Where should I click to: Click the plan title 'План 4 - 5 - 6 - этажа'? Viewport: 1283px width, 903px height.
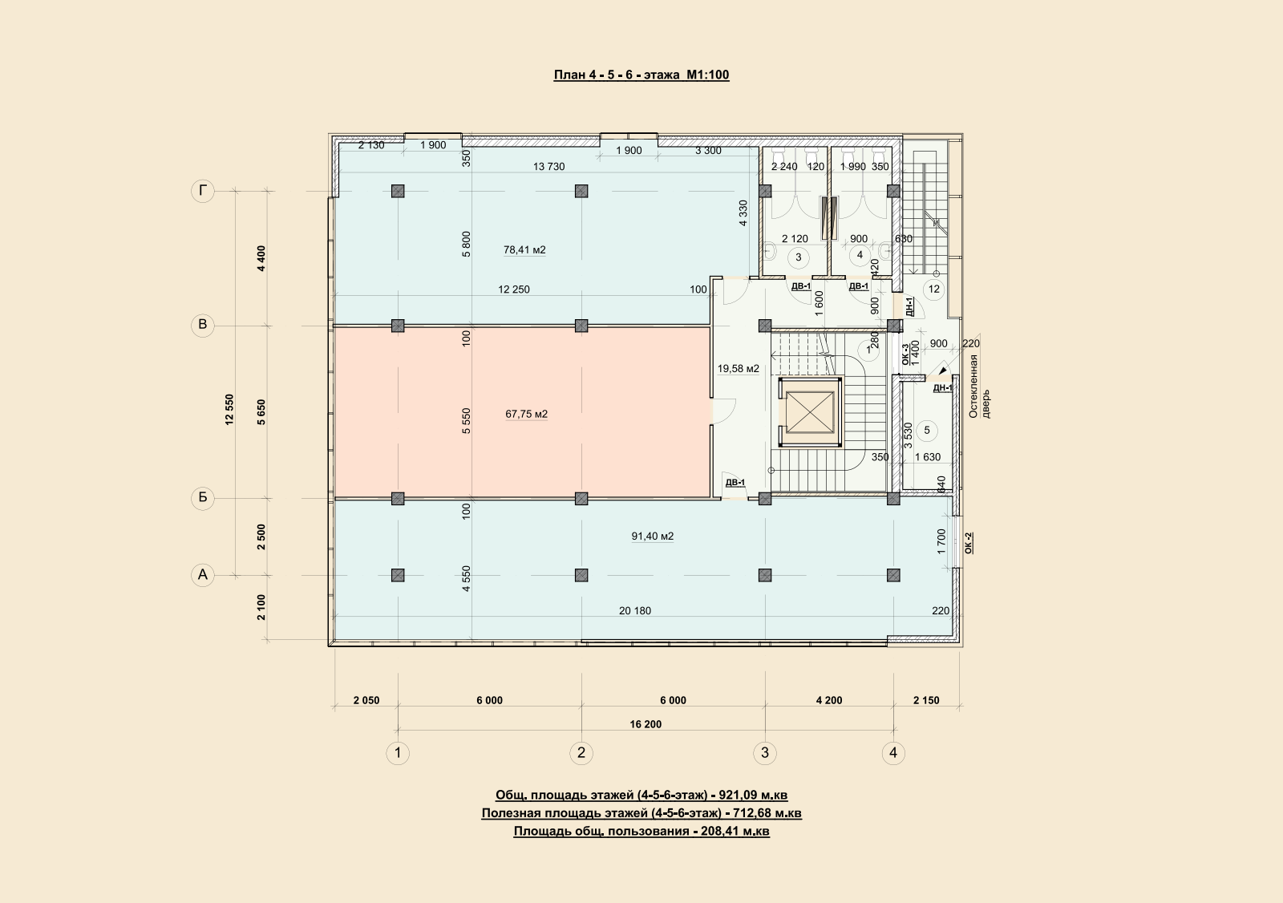pos(617,75)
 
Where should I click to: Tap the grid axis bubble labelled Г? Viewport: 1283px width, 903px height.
pos(203,191)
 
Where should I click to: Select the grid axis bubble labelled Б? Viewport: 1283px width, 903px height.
pos(203,498)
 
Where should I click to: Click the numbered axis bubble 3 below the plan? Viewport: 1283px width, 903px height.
pos(765,753)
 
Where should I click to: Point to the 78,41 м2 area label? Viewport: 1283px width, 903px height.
pos(524,250)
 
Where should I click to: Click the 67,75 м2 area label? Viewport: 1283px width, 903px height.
pos(526,414)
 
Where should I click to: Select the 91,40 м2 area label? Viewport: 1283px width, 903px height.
pos(653,537)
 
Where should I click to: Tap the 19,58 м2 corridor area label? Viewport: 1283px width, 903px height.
pos(739,368)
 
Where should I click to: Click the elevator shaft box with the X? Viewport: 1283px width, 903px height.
pos(809,412)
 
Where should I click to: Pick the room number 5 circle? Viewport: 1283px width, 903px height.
pos(927,431)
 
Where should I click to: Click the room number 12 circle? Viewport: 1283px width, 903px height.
pos(934,290)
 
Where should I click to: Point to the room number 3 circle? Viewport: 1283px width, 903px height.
pos(799,257)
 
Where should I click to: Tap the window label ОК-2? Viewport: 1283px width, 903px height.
pos(969,543)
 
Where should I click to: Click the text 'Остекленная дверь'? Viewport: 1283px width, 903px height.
pos(979,386)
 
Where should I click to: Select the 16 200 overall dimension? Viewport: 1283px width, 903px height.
pos(646,724)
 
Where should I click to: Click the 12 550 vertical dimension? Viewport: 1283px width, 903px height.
pos(229,409)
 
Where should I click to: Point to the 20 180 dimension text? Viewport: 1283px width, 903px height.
pos(635,611)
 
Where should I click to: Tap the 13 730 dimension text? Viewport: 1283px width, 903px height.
pos(548,167)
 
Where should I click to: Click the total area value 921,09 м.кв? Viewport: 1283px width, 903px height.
pos(753,796)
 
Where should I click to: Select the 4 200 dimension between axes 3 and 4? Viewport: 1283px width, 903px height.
pos(829,700)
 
